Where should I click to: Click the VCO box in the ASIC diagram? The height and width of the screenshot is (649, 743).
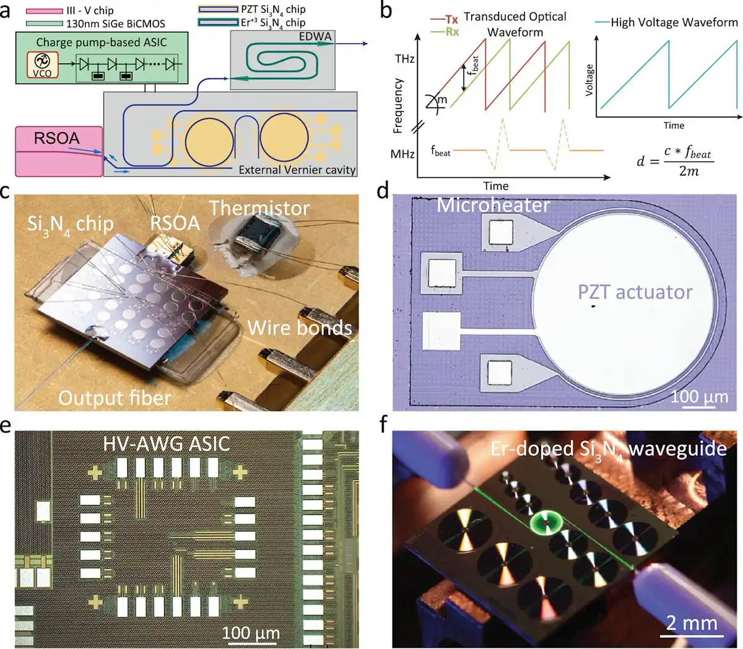[x=43, y=66]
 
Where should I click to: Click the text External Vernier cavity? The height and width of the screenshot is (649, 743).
[x=297, y=170]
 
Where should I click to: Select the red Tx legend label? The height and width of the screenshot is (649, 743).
[x=451, y=20]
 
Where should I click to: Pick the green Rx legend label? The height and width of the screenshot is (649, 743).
[x=451, y=32]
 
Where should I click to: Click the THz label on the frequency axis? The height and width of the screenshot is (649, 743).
[x=404, y=59]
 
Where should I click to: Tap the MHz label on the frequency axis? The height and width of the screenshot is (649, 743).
[x=402, y=154]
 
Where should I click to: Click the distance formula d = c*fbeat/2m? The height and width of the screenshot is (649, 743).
[x=674, y=162]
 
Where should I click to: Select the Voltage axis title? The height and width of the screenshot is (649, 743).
[x=589, y=79]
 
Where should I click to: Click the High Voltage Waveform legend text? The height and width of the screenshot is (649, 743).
[x=674, y=23]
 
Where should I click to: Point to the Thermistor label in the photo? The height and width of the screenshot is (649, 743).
[x=259, y=208]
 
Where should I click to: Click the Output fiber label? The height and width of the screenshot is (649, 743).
[x=115, y=398]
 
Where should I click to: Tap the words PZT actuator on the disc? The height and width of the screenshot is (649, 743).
[x=635, y=292]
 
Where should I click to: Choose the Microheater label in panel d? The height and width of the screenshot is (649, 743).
[x=493, y=205]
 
